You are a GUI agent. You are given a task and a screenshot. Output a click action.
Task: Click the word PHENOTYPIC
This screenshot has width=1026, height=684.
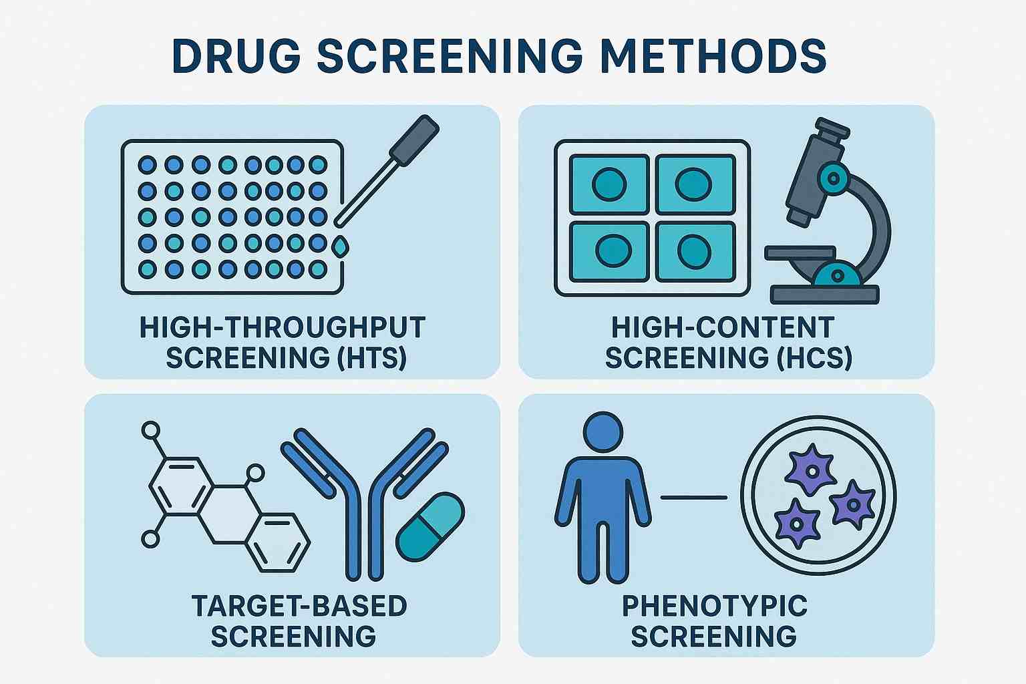click(x=715, y=607)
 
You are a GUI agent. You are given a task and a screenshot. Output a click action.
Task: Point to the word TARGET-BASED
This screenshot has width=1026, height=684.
click(x=299, y=607)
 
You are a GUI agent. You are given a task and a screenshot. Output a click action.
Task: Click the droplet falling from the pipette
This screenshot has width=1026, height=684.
click(x=340, y=247)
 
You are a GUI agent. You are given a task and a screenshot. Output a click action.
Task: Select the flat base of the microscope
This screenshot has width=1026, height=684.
click(x=825, y=294)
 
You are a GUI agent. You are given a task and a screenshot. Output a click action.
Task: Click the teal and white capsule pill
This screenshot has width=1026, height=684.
click(x=430, y=526)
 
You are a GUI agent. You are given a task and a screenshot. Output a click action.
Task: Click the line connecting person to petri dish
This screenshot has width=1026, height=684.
click(x=693, y=497)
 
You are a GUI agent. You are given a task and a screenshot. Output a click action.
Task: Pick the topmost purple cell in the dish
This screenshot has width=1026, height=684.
click(x=810, y=469)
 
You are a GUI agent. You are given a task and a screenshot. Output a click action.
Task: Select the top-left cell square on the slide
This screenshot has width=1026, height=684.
click(x=609, y=184)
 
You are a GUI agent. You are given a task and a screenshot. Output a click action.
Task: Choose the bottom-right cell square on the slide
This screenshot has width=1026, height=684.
click(x=695, y=251)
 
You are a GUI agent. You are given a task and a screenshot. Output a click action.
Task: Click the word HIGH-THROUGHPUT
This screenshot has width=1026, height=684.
click(x=283, y=328)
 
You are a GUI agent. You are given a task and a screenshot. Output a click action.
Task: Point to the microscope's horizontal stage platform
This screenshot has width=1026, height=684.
click(x=800, y=252)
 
